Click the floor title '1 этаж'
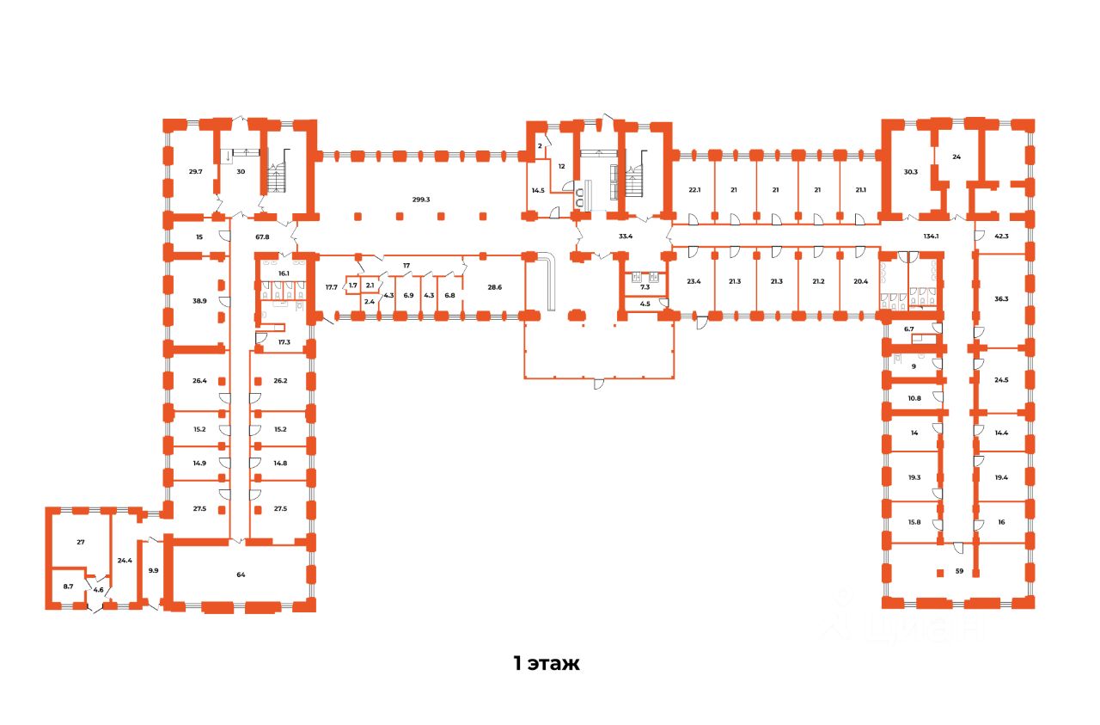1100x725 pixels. click(547, 663)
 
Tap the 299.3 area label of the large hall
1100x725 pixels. click(420, 200)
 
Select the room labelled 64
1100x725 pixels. click(241, 574)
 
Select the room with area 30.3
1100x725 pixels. click(910, 171)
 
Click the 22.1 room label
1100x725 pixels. click(694, 190)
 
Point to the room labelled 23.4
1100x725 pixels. click(694, 280)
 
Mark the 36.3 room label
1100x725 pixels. click(1001, 299)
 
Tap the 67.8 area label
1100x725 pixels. click(262, 237)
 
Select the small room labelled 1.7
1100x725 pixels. click(352, 285)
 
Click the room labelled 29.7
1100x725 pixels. click(195, 171)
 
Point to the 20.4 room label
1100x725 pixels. click(860, 280)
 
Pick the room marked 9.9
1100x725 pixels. click(153, 569)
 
